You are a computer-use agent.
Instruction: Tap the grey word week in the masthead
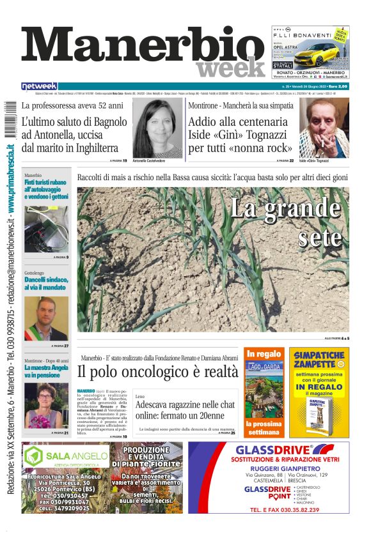pyautogui.click(x=230, y=68)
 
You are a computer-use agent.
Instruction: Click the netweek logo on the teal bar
pyautogui.click(x=39, y=86)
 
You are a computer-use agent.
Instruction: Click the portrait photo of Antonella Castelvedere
pyautogui.click(x=157, y=127)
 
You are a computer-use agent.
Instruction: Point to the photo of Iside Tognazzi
pyautogui.click(x=324, y=127)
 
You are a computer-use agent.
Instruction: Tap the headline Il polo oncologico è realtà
pyautogui.click(x=157, y=372)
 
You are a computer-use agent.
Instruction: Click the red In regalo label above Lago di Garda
pyautogui.click(x=264, y=354)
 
